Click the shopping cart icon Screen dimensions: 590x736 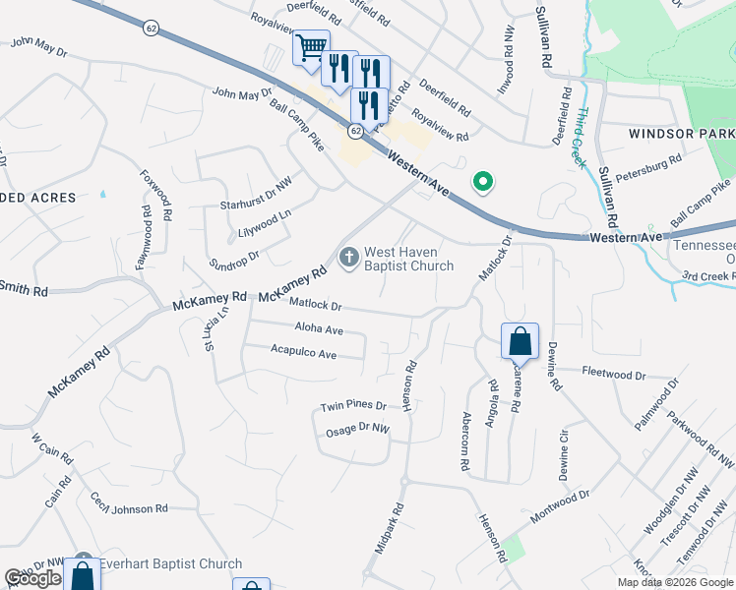311,46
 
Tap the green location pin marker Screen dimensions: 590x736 482,181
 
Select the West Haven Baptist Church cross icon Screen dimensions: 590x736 348,258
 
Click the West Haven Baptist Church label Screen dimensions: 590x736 409,259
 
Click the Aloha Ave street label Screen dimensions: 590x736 319,329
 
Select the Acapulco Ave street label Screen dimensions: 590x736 304,353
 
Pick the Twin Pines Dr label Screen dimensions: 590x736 353,406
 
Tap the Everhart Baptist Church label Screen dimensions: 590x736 171,563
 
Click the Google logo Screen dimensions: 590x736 33,578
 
